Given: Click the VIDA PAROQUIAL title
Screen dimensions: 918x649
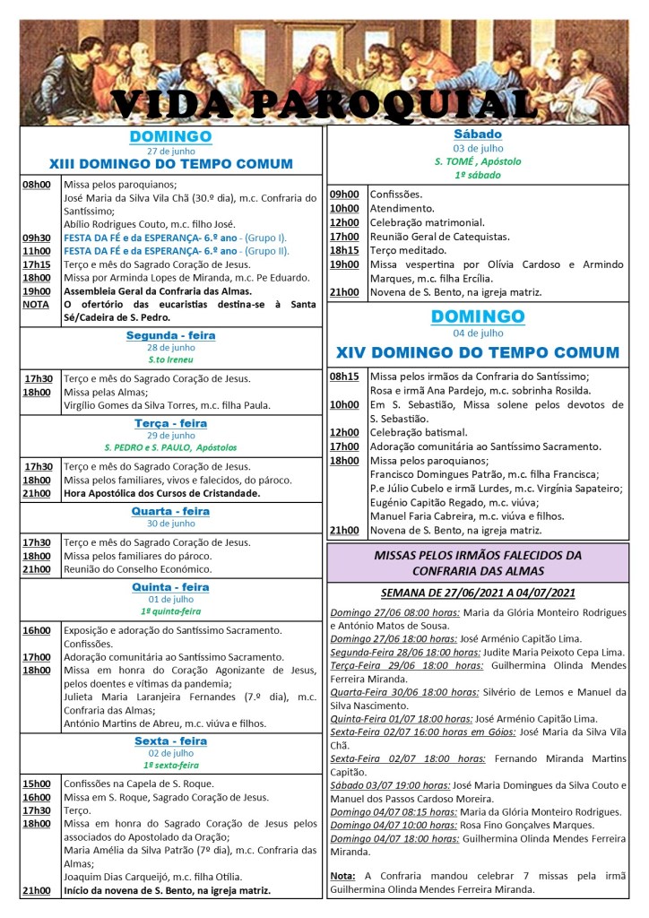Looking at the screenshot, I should [x=324, y=103].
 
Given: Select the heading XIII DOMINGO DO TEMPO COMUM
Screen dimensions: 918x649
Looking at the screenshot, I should [x=170, y=164].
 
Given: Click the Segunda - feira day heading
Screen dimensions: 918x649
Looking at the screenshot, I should [x=170, y=335].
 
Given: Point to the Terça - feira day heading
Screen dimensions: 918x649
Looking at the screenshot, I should [x=170, y=423].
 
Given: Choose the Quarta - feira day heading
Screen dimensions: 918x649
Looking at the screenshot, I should [x=170, y=511].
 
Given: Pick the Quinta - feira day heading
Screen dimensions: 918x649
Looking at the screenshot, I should [x=170, y=587].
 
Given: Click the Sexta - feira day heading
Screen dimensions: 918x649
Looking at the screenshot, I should [x=170, y=741].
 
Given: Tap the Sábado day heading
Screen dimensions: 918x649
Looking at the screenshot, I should [x=477, y=134].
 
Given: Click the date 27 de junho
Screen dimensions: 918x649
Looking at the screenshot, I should [x=170, y=151].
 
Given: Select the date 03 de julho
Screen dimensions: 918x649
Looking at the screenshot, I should [x=477, y=148].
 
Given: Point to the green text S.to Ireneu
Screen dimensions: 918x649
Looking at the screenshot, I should [x=170, y=359].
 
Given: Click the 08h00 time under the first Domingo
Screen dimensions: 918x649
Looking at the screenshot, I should [x=36, y=184].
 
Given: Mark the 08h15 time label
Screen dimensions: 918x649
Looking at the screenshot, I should [x=344, y=377].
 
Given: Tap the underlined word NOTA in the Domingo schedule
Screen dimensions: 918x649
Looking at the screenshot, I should [x=35, y=304].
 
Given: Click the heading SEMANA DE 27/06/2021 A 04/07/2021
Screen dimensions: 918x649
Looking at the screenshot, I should [x=478, y=593].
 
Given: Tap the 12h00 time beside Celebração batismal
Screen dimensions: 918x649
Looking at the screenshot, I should [x=344, y=432].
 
